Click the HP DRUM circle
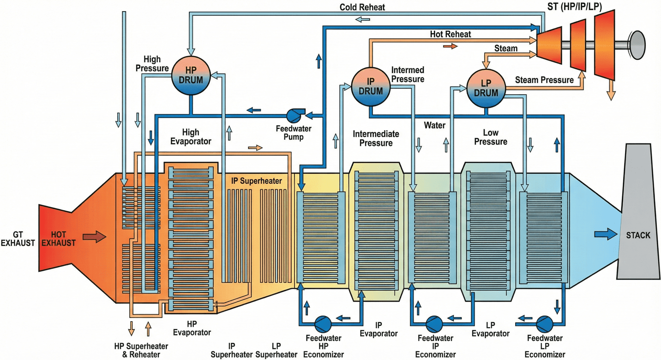coord(191,76)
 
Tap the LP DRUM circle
coord(486,89)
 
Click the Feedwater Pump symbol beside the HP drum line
coord(294,114)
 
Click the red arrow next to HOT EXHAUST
coord(94,237)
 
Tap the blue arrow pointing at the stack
coord(606,234)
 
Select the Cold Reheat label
coord(362,7)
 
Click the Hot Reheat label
coord(451,34)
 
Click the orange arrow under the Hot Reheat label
coord(450,46)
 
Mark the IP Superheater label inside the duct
coord(256,181)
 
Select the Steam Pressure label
coord(544,80)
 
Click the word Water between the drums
coord(435,125)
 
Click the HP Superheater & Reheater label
coord(141,350)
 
